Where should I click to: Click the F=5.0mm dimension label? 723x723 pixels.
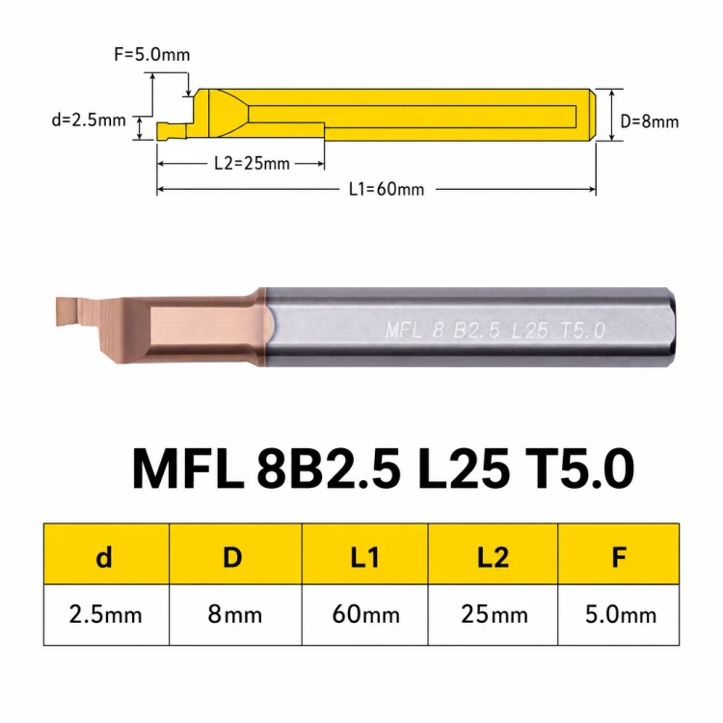coord(151,54)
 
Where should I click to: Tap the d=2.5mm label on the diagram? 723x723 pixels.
coord(89,120)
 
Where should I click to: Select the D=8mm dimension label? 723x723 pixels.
coord(649,121)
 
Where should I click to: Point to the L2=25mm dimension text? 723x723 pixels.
coord(253,163)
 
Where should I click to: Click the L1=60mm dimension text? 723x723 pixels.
coord(387,189)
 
